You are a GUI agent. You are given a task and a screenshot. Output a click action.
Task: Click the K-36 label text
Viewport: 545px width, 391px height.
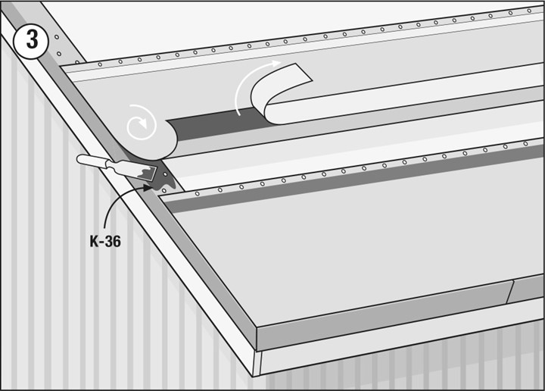(105, 241)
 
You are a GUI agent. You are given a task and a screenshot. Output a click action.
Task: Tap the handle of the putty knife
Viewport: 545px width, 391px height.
(91, 161)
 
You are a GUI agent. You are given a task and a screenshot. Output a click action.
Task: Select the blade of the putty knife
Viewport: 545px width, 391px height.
(145, 171)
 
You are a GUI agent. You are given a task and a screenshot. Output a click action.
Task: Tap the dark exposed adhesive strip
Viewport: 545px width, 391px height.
(216, 124)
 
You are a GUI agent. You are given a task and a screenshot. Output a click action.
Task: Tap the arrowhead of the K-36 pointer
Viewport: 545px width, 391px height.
(148, 188)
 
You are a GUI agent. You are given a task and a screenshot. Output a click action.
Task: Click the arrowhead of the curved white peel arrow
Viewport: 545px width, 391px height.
(276, 64)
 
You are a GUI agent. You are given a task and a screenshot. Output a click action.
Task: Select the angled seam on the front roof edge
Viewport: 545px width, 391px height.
(509, 292)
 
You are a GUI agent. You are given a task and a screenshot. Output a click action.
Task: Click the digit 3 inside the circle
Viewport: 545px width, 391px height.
(32, 40)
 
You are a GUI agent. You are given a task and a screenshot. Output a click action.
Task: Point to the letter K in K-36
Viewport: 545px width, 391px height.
(95, 242)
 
